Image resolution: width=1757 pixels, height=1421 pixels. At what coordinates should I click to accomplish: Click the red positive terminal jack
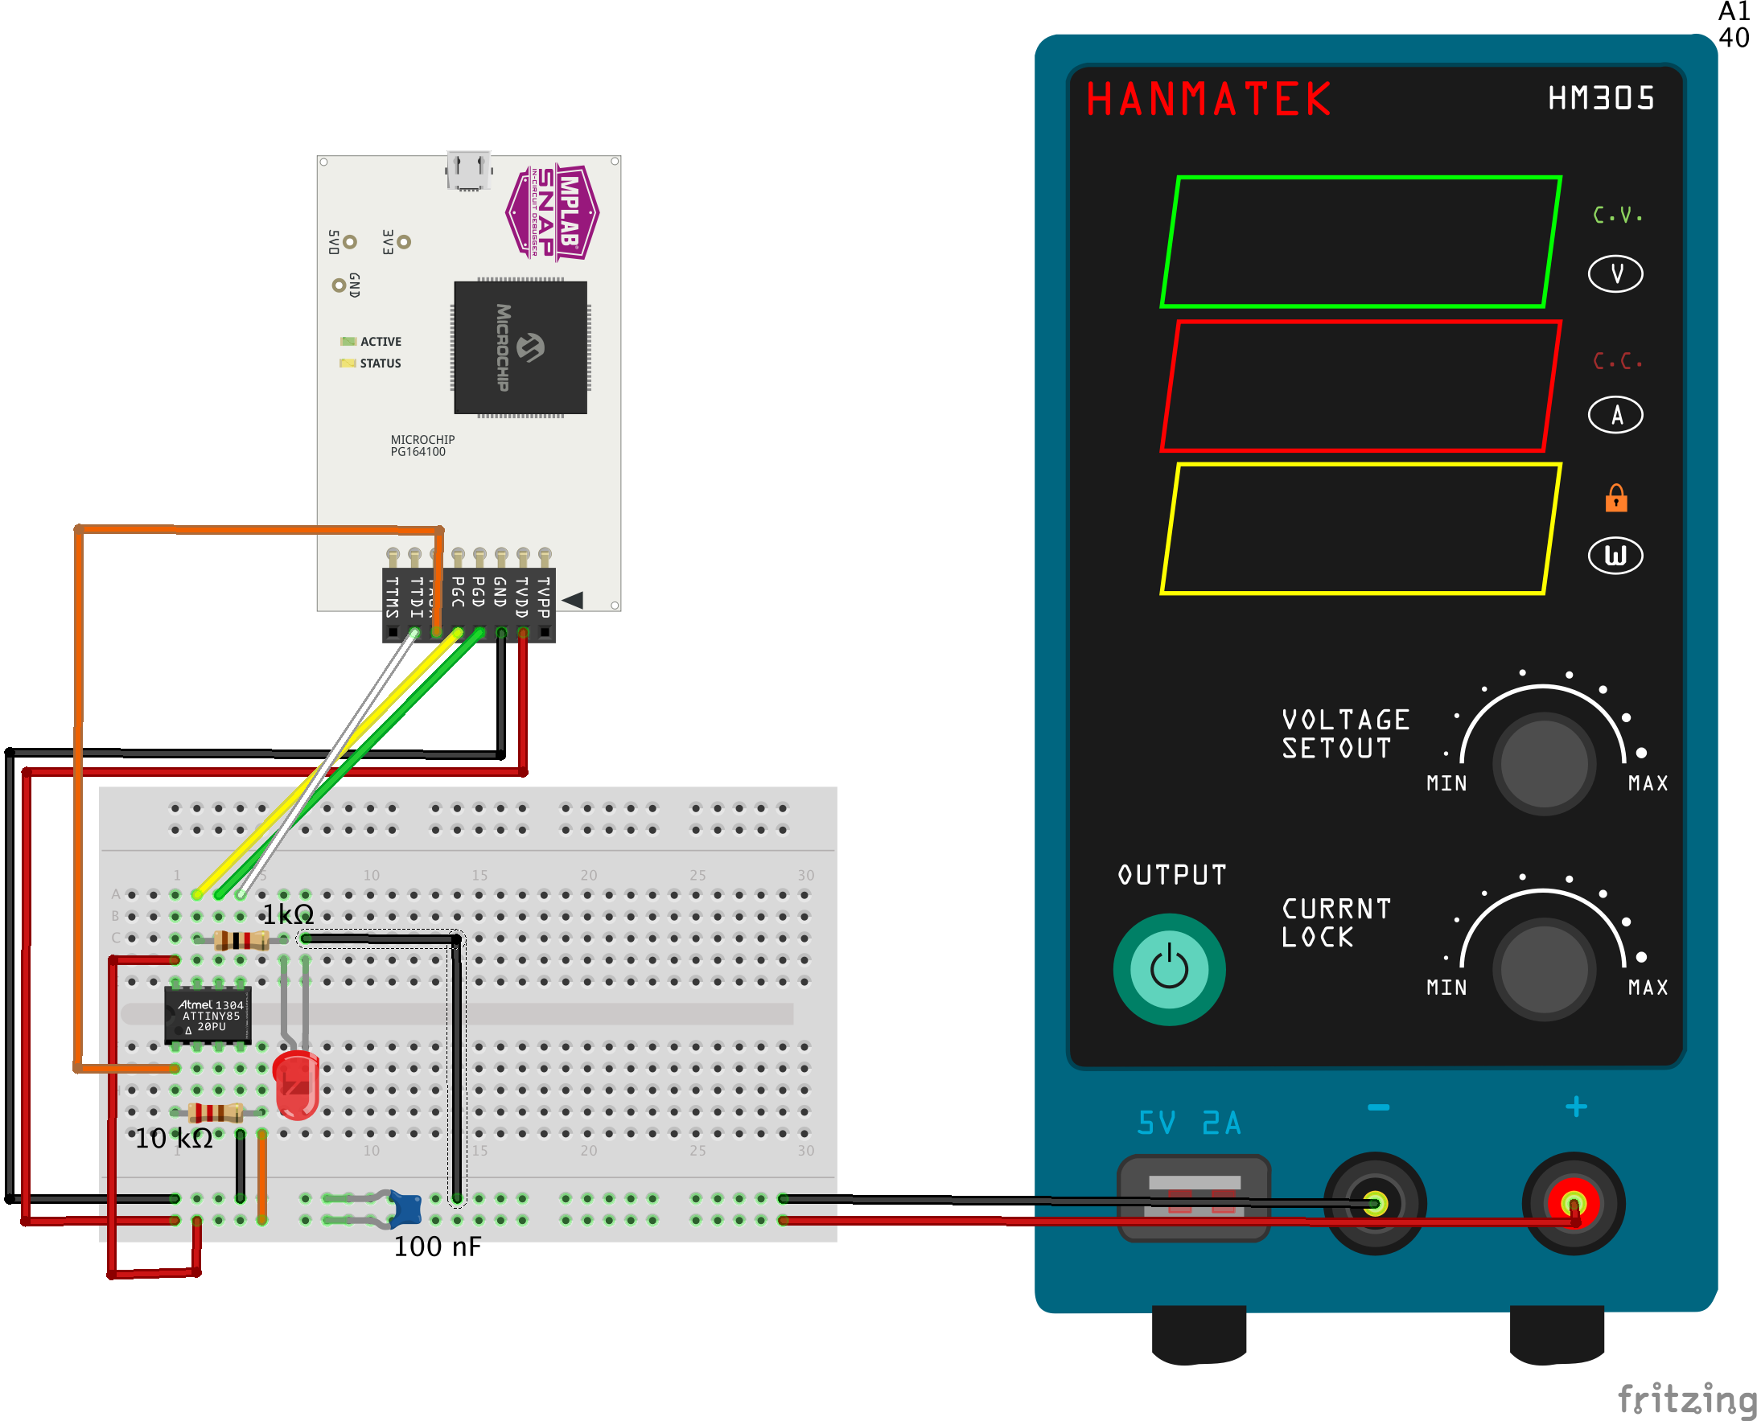coord(1572,1203)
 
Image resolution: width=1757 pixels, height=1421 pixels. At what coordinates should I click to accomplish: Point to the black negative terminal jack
coord(1375,1203)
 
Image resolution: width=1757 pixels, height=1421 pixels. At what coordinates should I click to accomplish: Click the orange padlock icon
coord(1615,498)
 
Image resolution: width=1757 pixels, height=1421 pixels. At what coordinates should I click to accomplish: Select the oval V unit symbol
coord(1615,273)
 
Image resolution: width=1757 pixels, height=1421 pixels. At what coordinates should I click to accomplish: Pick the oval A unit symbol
coord(1615,415)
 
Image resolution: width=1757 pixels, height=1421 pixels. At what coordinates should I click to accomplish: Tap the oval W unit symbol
coord(1615,556)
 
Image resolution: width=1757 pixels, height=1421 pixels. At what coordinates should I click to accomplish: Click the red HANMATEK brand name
coord(1208,99)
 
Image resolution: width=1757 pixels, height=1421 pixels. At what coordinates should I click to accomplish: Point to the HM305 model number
coord(1601,98)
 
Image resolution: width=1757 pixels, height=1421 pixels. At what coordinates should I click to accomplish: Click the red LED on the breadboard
coord(295,1085)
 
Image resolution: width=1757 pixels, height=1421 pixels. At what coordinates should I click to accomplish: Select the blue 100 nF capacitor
coord(405,1209)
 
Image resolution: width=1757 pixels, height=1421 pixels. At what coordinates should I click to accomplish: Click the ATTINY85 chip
coord(208,1015)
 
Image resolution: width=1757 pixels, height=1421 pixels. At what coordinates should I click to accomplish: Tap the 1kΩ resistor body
coord(241,939)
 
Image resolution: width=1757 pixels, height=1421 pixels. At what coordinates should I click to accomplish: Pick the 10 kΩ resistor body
coord(216,1111)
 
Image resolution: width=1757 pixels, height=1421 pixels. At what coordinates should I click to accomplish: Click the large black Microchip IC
coord(520,347)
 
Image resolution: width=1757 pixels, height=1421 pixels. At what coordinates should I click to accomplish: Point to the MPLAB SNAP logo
coord(553,213)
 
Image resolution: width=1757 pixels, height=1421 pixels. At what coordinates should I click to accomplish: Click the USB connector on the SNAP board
coord(468,170)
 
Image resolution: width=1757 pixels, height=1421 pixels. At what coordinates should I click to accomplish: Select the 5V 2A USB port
coord(1193,1197)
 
